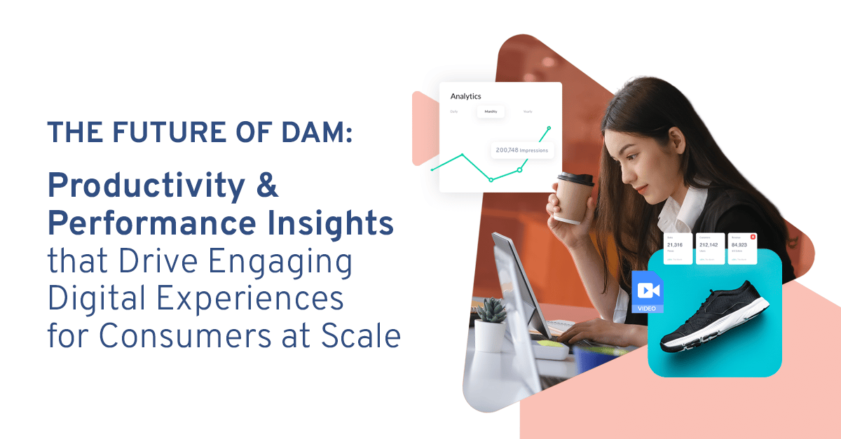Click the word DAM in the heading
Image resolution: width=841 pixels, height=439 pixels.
click(x=317, y=132)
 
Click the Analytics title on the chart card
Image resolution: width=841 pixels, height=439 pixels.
click(x=466, y=97)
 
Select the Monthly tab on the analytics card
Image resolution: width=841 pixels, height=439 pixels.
click(x=491, y=112)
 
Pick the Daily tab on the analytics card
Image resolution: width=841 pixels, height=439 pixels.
click(x=454, y=112)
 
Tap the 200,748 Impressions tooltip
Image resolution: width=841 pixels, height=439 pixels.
click(x=521, y=150)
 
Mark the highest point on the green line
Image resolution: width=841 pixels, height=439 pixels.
click(x=549, y=128)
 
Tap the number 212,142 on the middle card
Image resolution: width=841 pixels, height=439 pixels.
click(x=709, y=245)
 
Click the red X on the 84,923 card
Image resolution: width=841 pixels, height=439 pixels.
click(x=753, y=237)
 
